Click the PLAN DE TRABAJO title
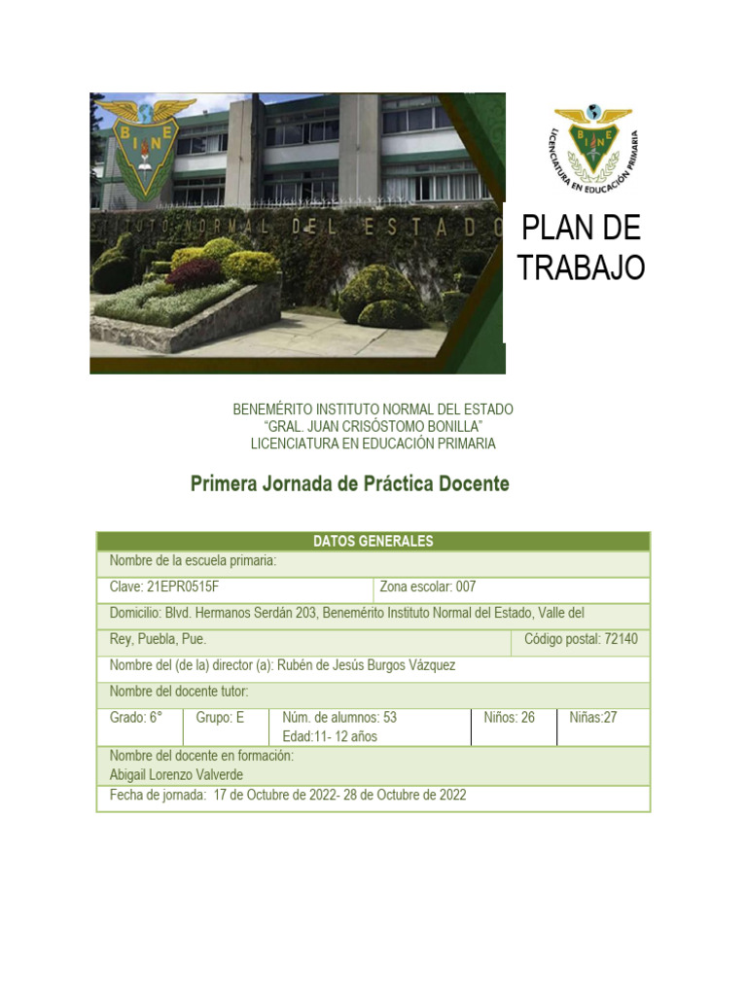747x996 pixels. tap(581, 247)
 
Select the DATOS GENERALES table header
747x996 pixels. tap(373, 542)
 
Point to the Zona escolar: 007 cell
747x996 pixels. tap(428, 587)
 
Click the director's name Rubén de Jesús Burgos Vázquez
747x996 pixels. tap(366, 665)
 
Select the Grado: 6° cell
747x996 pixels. tap(136, 718)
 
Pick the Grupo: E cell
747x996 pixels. tap(220, 718)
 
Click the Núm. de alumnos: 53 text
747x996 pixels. tap(339, 718)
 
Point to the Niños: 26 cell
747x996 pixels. tap(510, 718)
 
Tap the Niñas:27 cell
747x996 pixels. tap(593, 718)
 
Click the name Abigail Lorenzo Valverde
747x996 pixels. tap(176, 774)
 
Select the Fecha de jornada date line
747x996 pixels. tap(288, 795)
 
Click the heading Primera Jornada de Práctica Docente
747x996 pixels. tap(349, 483)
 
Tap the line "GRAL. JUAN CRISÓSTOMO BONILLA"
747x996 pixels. tap(373, 427)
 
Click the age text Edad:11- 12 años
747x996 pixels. tap(330, 736)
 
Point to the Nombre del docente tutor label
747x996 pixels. tap(179, 692)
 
